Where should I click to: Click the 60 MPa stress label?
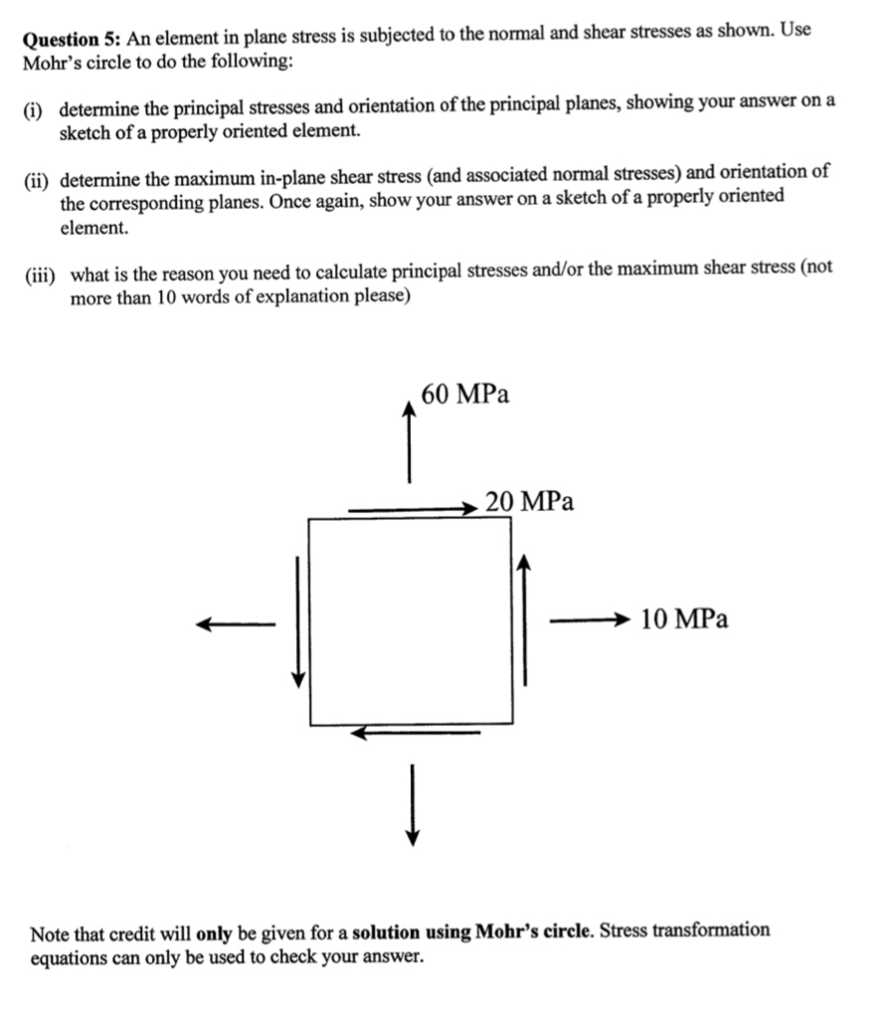465,395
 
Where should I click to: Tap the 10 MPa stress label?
684,619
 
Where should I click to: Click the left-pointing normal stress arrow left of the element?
236,623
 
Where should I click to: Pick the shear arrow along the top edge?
413,510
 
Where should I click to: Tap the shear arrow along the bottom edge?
416,734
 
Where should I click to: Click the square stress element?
411,621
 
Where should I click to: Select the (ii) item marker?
38,180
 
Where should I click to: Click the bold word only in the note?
215,933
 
